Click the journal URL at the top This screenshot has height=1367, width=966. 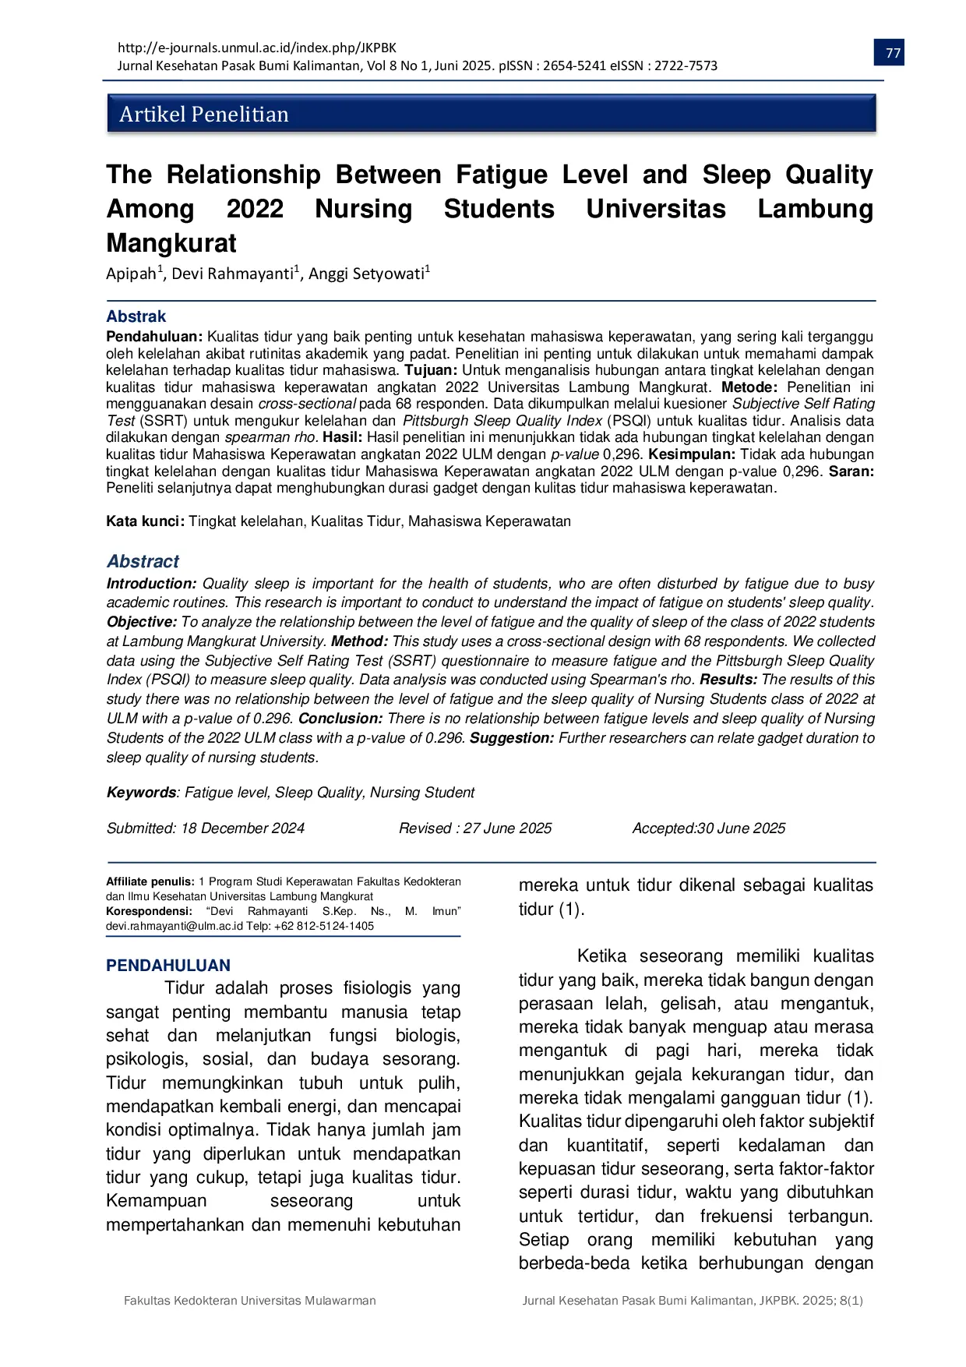click(257, 48)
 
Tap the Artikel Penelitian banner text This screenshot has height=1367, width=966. click(204, 115)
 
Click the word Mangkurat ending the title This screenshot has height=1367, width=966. click(171, 243)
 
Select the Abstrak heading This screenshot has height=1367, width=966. click(136, 316)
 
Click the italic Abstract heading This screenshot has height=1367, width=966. click(143, 561)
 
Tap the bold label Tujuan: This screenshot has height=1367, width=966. click(431, 370)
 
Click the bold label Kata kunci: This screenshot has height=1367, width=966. click(146, 521)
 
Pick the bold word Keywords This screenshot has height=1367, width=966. click(142, 793)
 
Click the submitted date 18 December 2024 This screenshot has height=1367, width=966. click(242, 828)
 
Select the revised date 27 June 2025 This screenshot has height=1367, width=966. click(507, 828)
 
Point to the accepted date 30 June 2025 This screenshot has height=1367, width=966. click(742, 828)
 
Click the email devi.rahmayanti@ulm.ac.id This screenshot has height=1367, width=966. click(175, 926)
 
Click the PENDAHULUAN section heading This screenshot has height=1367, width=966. click(168, 966)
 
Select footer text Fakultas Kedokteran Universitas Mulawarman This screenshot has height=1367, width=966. click(250, 1301)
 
